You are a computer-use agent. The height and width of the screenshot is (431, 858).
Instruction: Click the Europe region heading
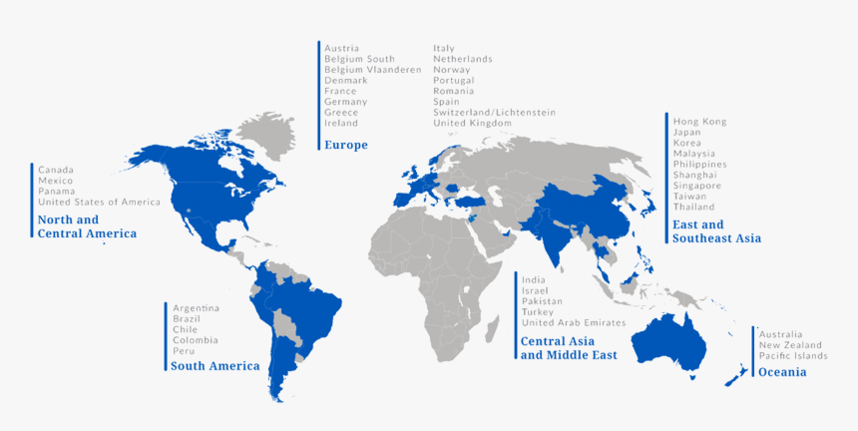[x=345, y=145]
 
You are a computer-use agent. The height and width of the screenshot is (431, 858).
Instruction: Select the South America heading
[x=214, y=366]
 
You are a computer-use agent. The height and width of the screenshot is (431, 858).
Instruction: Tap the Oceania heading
[x=782, y=372]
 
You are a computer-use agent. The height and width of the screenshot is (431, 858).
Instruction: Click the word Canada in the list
[x=55, y=170]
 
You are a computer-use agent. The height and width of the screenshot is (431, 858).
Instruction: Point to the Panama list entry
[x=56, y=191]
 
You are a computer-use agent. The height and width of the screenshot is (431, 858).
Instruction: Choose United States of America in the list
[x=99, y=202]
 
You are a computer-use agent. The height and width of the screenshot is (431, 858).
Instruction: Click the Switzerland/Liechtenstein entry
[x=494, y=112]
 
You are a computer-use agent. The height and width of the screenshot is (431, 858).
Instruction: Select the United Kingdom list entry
[x=472, y=123]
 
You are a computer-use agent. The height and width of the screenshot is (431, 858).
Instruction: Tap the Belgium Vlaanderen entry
[x=372, y=70]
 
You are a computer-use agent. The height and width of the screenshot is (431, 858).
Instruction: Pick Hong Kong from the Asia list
[x=699, y=122]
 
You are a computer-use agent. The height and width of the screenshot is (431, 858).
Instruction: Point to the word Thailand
[x=693, y=207]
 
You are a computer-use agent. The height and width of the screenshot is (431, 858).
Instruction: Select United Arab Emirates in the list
[x=573, y=322]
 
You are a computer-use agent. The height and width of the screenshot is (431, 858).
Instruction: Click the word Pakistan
[x=542, y=300]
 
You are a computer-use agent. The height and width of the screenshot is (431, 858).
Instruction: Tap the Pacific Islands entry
[x=792, y=355]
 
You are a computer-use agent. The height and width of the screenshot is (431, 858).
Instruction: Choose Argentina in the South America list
[x=196, y=307]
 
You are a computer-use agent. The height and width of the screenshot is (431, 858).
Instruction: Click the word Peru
[x=183, y=350]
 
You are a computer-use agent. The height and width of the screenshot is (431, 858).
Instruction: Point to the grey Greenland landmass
[x=274, y=135]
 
